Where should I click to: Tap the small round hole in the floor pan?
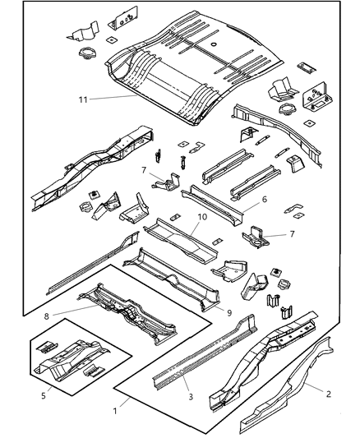point(213,43)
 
